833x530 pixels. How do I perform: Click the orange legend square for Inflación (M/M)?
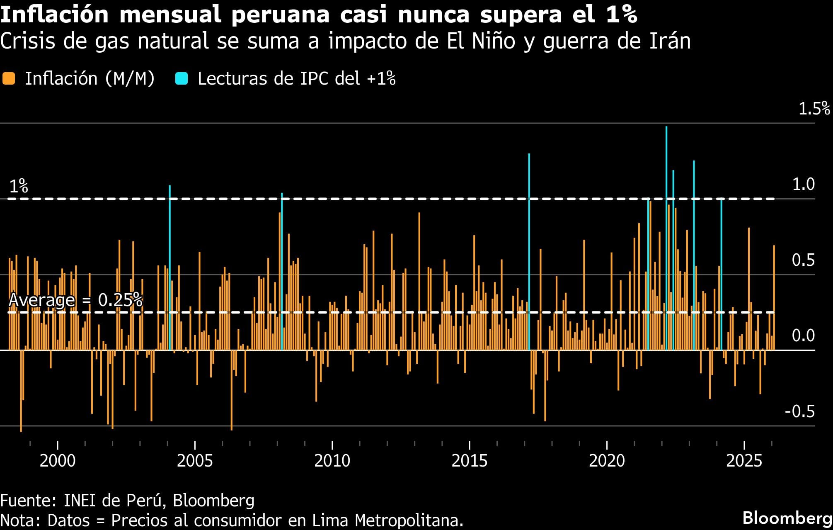[x=9, y=78]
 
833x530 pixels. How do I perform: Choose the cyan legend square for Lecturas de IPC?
[x=182, y=78]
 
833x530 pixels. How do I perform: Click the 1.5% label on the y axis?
[x=814, y=109]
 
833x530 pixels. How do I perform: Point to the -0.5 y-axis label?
[x=800, y=411]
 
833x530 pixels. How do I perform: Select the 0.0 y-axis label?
[x=803, y=336]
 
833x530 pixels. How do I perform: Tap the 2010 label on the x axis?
[x=332, y=461]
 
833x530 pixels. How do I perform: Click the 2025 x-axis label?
[x=744, y=461]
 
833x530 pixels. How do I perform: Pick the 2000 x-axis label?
[x=58, y=461]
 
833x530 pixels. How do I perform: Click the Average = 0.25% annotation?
[x=75, y=300]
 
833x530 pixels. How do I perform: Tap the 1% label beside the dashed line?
[x=19, y=187]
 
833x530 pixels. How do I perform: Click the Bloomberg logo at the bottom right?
[x=787, y=518]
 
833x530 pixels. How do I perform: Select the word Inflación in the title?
[x=54, y=15]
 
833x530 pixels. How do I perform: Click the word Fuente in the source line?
[x=28, y=501]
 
